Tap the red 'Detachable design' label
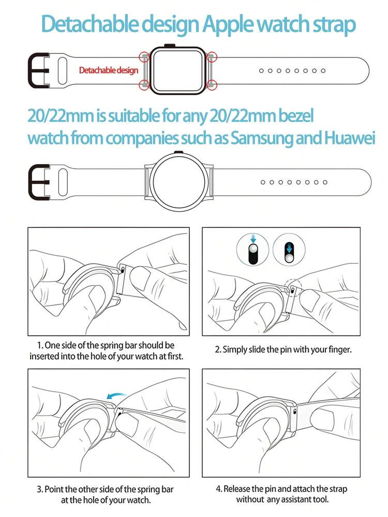pyautogui.click(x=109, y=70)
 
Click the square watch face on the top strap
pyautogui.click(x=178, y=70)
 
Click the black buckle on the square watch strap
pyautogui.click(x=39, y=71)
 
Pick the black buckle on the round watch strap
pyautogui.click(x=39, y=182)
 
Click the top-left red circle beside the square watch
pyautogui.click(x=144, y=57)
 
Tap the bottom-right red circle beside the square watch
pyautogui.click(x=212, y=85)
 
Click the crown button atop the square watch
pyautogui.click(x=170, y=45)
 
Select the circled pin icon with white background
pyautogui.click(x=253, y=249)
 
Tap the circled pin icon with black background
pyautogui.click(x=289, y=249)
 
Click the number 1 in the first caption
pyautogui.click(x=39, y=346)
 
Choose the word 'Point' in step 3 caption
pyautogui.click(x=54, y=489)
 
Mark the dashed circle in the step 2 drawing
pyautogui.click(x=293, y=288)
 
